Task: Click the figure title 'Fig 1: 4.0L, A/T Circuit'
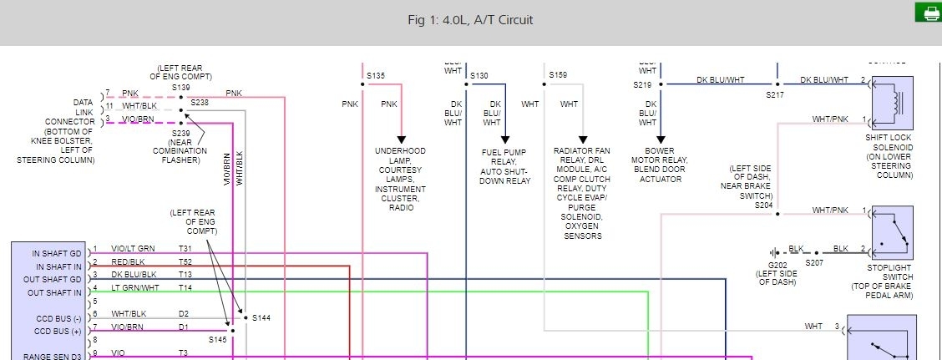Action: (x=471, y=20)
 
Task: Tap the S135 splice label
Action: (x=377, y=75)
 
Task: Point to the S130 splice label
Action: (x=479, y=75)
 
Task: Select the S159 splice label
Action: (x=559, y=75)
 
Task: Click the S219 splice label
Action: (x=642, y=85)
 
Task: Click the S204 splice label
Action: (x=764, y=204)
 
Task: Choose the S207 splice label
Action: (x=813, y=262)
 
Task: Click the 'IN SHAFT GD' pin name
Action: (x=58, y=252)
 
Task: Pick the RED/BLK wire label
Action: (x=128, y=261)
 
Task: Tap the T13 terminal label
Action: (x=185, y=275)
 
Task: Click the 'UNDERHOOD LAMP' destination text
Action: (x=401, y=155)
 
